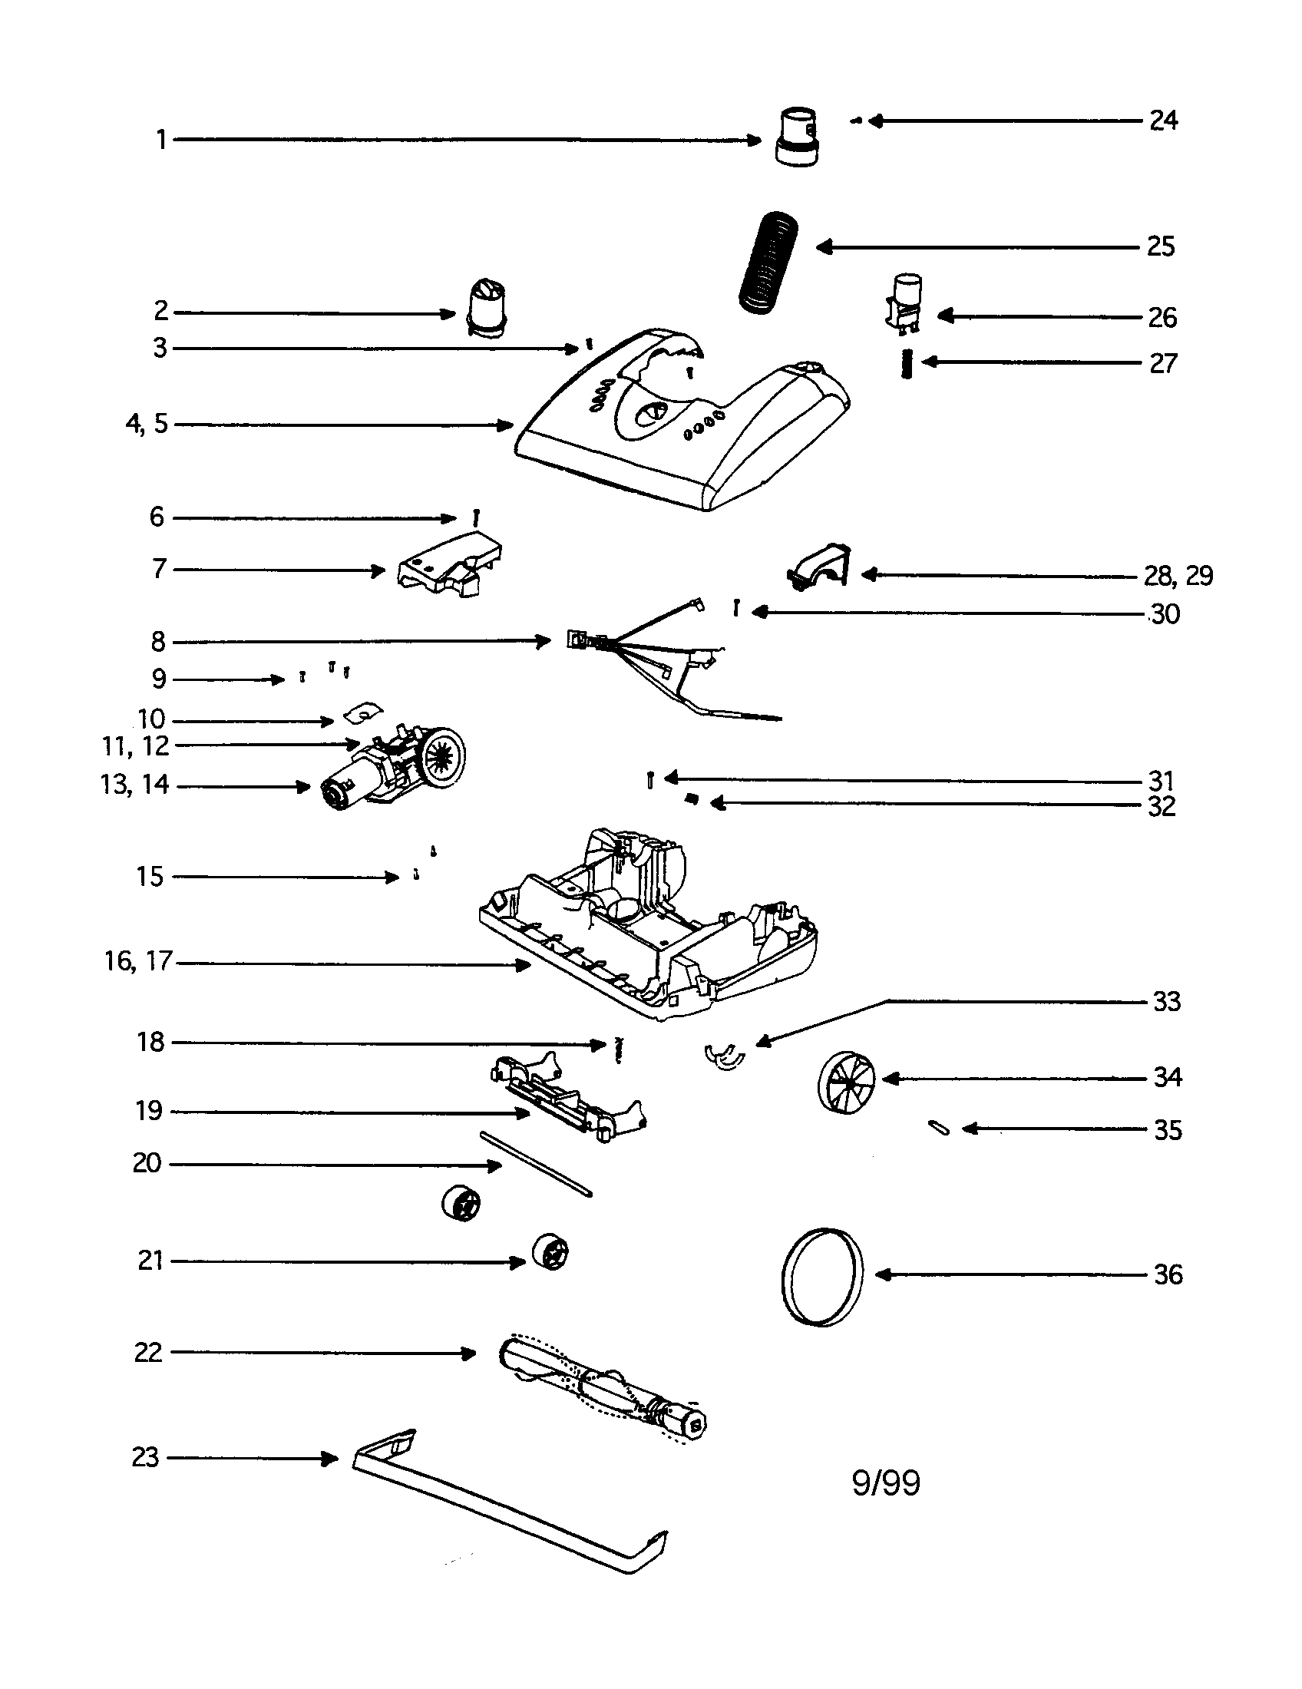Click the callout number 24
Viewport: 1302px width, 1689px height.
coord(1163,121)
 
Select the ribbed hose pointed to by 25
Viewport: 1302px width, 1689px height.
coord(768,263)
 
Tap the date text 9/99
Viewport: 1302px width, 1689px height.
coord(886,1483)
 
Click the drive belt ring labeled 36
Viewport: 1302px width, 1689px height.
coord(822,1276)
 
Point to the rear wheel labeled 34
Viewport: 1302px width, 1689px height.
coord(848,1081)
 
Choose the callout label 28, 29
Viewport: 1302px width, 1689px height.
coord(1178,575)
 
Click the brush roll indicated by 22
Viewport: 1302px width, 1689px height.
coord(603,1388)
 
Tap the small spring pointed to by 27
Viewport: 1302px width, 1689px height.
coord(909,363)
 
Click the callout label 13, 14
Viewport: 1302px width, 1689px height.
coord(134,785)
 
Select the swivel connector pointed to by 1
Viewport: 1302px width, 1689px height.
coord(798,139)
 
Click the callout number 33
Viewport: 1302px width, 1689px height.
coord(1167,1001)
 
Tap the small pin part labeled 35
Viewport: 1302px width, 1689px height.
coord(939,1129)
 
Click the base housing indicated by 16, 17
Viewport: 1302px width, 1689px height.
coord(649,928)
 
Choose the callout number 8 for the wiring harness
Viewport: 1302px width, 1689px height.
coord(157,641)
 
